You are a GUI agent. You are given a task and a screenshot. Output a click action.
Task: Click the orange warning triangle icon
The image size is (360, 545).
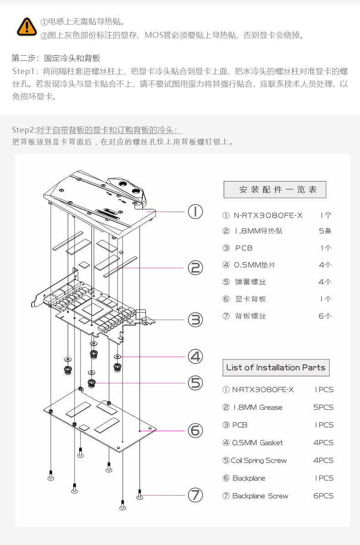[27, 27]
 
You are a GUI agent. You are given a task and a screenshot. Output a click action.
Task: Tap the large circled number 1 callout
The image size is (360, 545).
[195, 212]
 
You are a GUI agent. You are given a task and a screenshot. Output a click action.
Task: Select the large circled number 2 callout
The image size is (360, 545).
[195, 268]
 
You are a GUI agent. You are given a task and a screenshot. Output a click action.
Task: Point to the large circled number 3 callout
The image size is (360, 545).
[195, 320]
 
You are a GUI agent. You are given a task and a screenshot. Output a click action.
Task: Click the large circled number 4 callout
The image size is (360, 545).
[195, 356]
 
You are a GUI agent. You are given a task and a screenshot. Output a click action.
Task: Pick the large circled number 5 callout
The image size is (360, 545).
[195, 382]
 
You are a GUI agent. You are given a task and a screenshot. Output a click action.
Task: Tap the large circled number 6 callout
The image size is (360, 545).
[195, 430]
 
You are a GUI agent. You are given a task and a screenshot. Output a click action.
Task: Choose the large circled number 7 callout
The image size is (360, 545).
[195, 495]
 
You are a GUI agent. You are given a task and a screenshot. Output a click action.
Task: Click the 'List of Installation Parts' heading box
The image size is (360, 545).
[275, 368]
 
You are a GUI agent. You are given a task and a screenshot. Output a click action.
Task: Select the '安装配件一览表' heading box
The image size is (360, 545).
[274, 190]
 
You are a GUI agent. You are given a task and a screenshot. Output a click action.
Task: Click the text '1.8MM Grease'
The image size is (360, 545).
[258, 407]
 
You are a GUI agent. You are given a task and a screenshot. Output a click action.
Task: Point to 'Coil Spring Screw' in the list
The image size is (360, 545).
[259, 460]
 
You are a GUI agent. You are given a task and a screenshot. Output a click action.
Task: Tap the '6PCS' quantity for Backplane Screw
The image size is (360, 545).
[323, 496]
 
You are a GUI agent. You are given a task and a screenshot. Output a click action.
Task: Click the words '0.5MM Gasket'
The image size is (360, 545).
[258, 443]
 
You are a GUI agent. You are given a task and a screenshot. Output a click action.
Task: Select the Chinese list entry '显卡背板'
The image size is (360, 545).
[250, 299]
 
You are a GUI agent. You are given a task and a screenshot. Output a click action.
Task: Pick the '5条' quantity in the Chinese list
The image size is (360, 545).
[325, 231]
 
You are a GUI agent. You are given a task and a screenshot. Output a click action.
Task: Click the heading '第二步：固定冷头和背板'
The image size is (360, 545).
[56, 59]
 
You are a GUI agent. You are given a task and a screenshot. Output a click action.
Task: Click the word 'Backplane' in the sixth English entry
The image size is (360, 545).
[249, 478]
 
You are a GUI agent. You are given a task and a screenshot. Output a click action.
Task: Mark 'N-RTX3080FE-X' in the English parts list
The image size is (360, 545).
[263, 390]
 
